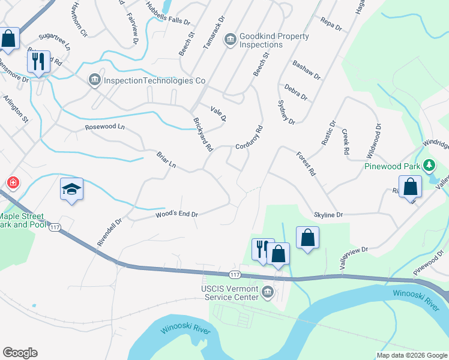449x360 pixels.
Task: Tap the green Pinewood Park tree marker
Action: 429,164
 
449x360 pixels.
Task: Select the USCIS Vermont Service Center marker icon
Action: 268,292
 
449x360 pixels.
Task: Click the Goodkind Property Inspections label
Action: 274,41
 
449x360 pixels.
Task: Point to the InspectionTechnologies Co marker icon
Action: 94,80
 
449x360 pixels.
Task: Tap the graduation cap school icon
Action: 71,189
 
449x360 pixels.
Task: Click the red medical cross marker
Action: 12,182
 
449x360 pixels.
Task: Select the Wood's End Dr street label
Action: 176,213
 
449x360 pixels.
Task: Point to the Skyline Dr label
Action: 328,214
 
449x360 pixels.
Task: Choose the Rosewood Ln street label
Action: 105,127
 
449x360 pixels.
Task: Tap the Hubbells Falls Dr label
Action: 168,13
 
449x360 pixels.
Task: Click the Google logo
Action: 20,353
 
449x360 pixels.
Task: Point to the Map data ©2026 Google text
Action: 411,355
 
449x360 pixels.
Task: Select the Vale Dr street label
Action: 218,113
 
